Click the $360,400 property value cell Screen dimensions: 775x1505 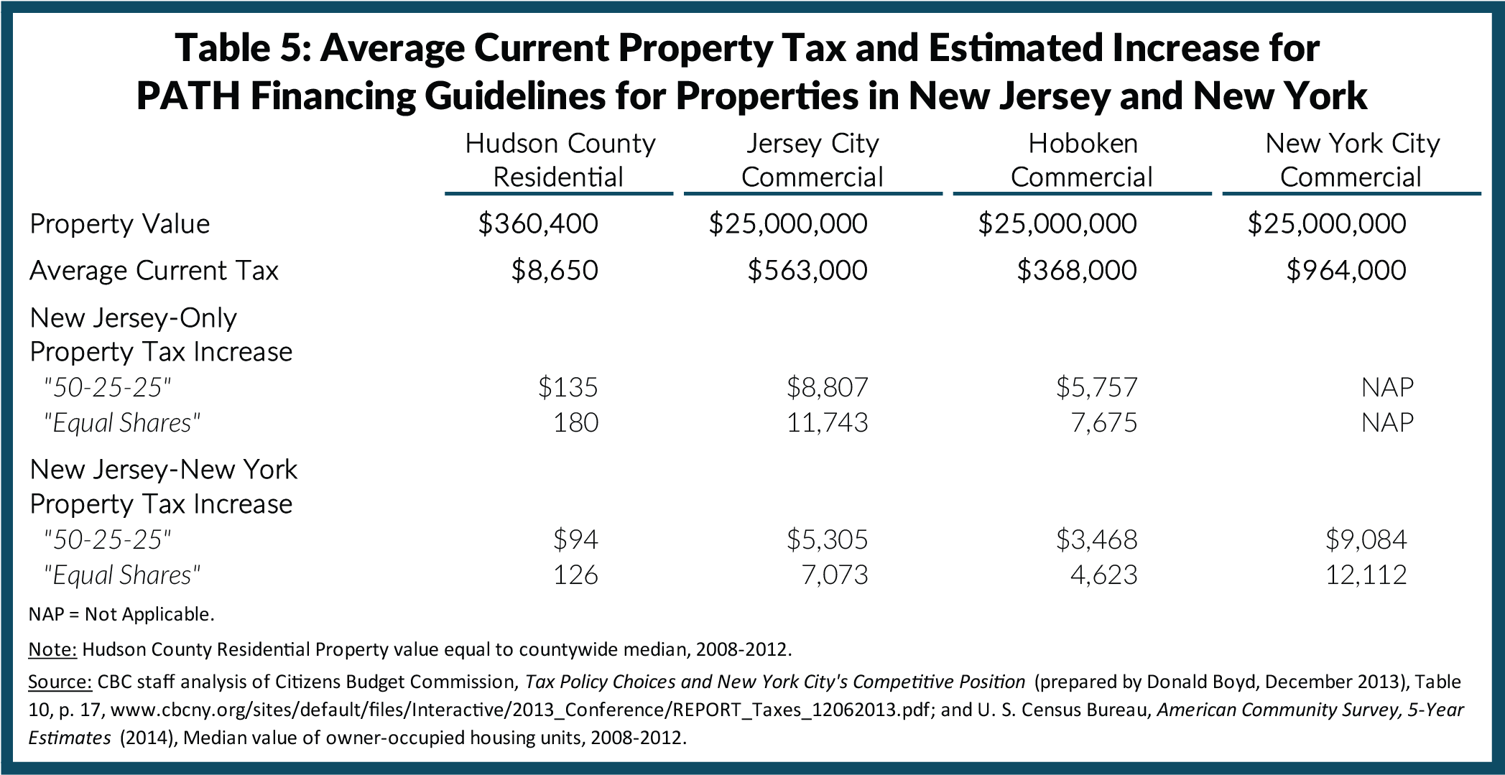[x=538, y=224]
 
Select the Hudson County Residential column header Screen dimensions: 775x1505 [x=560, y=160]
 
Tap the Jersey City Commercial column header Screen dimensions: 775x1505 [x=812, y=160]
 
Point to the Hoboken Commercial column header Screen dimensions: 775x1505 [x=1082, y=160]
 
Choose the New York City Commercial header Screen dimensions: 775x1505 [x=1351, y=160]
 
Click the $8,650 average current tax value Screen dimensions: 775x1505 [x=555, y=271]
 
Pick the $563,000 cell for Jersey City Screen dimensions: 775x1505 [x=807, y=271]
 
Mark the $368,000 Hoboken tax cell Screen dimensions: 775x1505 [x=1077, y=271]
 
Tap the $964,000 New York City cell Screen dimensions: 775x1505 [x=1346, y=271]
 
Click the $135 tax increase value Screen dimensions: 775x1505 [x=568, y=388]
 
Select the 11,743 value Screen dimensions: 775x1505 [x=828, y=422]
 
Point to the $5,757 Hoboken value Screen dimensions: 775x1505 [x=1097, y=388]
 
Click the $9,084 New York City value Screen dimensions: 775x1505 [x=1366, y=539]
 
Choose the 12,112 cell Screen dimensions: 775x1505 [x=1366, y=575]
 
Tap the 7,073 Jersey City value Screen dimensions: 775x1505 [x=835, y=575]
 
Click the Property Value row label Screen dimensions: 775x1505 [x=119, y=224]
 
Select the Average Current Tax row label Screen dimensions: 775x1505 [x=154, y=271]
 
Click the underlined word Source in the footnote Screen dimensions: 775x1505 [x=60, y=682]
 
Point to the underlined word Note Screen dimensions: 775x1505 [x=52, y=649]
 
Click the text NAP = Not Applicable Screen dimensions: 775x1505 [x=121, y=614]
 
